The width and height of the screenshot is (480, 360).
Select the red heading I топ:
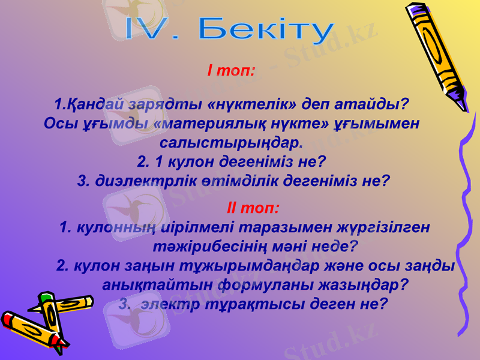click(x=231, y=71)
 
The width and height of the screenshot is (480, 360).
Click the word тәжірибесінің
click(x=216, y=246)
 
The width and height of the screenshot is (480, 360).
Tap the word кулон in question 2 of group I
click(x=180, y=161)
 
